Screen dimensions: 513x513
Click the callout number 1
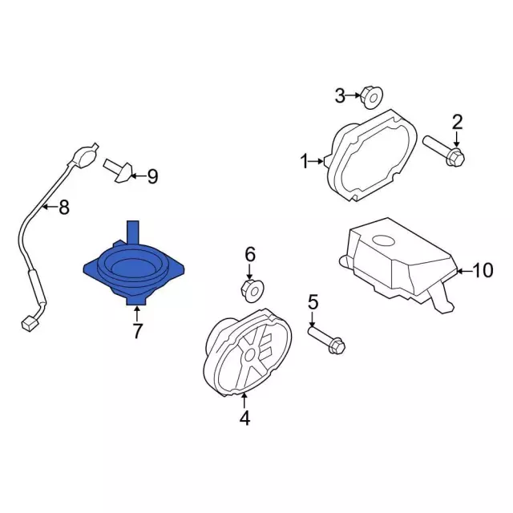coord(305,162)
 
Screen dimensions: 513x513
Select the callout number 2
coord(457,122)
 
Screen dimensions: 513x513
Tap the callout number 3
coord(340,96)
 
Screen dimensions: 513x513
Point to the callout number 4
coord(244,418)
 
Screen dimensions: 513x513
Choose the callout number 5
coord(313,302)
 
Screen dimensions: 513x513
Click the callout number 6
coord(250,254)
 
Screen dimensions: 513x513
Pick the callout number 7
coord(137,330)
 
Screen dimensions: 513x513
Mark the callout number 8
coord(64,207)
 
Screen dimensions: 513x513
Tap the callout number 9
coord(152,176)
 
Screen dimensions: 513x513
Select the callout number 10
coord(483,271)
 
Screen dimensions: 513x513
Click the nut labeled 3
coord(372,98)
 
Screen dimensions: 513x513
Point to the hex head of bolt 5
coord(337,346)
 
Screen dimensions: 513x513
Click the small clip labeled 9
coord(119,170)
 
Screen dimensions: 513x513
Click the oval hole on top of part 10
coord(383,241)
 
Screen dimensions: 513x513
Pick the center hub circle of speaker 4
coord(251,354)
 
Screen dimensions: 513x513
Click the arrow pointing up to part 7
coord(137,313)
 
